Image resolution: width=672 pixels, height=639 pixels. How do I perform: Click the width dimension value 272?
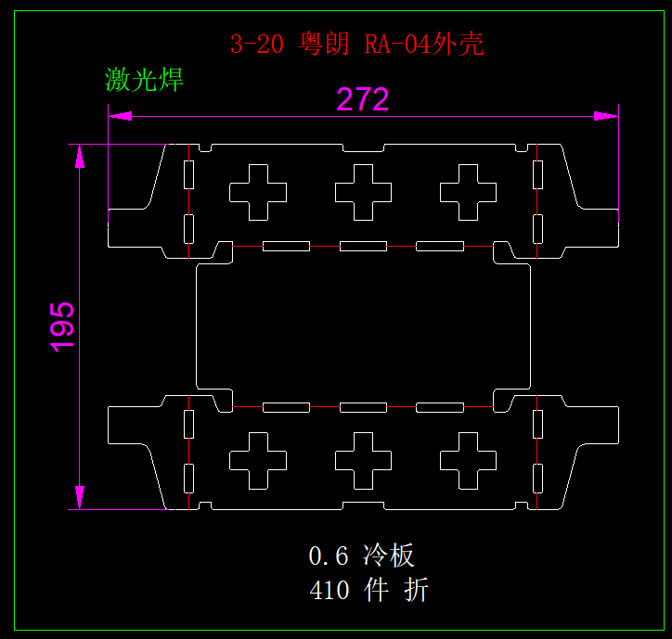point(362,99)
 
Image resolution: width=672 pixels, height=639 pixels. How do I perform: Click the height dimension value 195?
point(62,326)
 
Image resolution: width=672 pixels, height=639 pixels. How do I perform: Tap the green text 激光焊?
point(145,80)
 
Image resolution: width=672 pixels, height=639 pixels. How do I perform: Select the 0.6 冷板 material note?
point(361,556)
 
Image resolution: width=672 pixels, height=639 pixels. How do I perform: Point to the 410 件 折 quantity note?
point(368,590)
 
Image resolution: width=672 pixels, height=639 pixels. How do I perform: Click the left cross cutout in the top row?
point(258,193)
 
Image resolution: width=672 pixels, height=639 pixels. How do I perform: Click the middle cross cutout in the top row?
point(363,193)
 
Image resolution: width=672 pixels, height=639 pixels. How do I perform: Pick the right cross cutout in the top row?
point(468,193)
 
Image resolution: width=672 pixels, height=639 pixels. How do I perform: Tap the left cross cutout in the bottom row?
point(258,461)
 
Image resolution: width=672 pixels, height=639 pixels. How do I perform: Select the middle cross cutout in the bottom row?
point(363,461)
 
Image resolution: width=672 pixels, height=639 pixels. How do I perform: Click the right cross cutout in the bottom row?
point(468,461)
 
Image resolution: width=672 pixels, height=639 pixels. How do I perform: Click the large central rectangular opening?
point(363,326)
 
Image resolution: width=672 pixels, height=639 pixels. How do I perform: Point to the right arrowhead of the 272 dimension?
point(607,116)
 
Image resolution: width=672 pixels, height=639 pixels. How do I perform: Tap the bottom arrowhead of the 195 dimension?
point(80,497)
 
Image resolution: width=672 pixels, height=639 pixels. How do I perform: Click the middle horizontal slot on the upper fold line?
point(363,246)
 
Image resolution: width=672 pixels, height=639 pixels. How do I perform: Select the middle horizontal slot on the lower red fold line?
point(363,407)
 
